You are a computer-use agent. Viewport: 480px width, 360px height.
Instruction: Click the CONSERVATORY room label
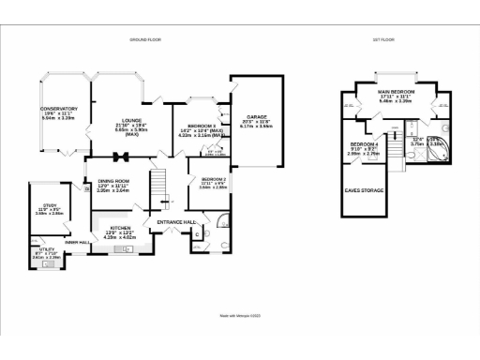[x=58, y=109]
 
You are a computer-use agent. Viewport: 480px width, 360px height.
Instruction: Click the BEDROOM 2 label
[x=213, y=178]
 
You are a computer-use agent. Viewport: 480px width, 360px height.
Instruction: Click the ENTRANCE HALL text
[x=175, y=221]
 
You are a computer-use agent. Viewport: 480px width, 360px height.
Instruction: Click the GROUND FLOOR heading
[x=145, y=39]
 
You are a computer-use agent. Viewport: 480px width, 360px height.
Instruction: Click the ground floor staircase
[x=161, y=184]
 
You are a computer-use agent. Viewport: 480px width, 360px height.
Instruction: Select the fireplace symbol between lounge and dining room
[x=120, y=157]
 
